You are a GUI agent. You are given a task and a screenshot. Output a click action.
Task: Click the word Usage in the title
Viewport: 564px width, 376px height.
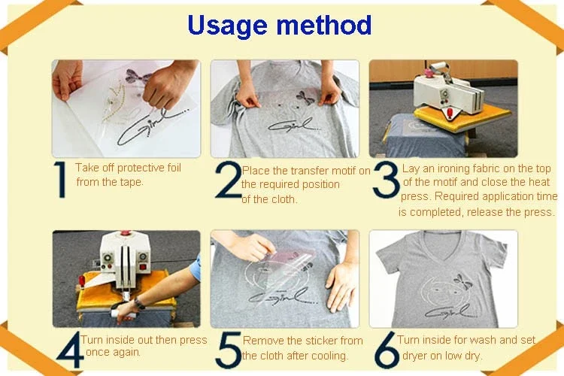point(227,26)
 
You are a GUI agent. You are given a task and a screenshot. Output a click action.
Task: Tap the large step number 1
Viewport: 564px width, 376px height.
point(60,180)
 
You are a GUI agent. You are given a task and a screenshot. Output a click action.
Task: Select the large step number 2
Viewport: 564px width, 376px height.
point(229,180)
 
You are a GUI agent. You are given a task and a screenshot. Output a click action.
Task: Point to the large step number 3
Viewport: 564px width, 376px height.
point(386,180)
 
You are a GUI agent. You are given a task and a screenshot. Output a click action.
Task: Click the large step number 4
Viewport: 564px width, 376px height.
point(69,350)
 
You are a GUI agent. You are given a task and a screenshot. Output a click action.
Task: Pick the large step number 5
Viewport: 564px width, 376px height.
point(229,350)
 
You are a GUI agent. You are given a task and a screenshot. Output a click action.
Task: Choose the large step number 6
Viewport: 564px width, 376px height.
point(387,350)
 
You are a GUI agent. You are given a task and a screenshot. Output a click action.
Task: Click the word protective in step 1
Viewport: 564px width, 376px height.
point(141,168)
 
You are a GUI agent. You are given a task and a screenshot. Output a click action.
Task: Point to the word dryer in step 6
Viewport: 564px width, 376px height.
point(414,356)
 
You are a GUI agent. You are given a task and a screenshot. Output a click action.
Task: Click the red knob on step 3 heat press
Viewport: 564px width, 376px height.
point(428,72)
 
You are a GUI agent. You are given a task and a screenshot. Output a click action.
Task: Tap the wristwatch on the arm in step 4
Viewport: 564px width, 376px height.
point(139,304)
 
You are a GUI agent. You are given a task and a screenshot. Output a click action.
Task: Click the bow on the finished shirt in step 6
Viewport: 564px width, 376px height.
point(462,281)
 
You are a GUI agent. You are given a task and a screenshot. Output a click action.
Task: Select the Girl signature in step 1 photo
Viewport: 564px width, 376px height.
point(150,126)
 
